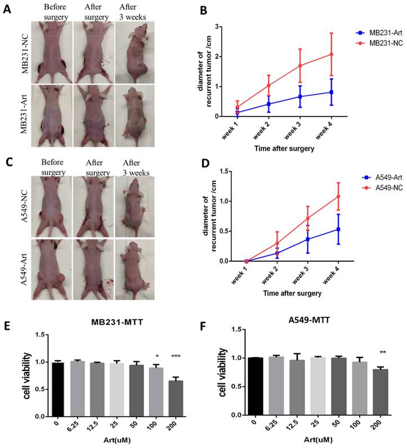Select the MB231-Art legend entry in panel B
(366, 33)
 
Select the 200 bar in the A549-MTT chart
(381, 392)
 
